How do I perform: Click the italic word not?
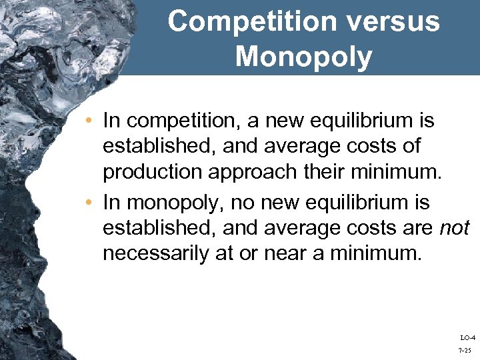[x=455, y=228]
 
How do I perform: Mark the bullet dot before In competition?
[x=91, y=121]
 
